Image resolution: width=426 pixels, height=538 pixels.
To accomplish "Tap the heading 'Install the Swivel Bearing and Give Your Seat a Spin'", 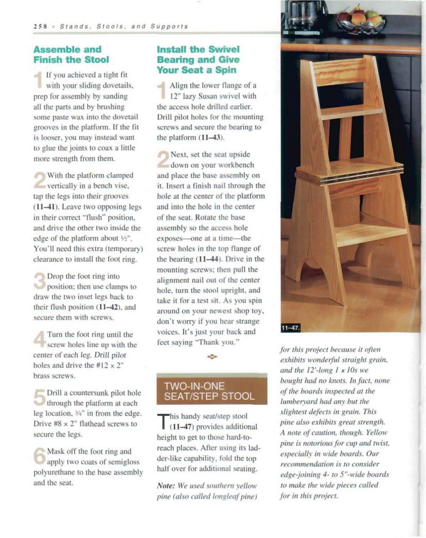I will [x=198, y=59].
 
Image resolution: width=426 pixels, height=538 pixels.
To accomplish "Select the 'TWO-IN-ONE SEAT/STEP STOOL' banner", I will [x=211, y=391].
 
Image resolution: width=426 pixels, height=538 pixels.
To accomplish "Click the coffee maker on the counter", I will [x=305, y=15].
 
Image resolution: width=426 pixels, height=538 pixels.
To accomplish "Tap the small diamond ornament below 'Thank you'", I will [x=212, y=355].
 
